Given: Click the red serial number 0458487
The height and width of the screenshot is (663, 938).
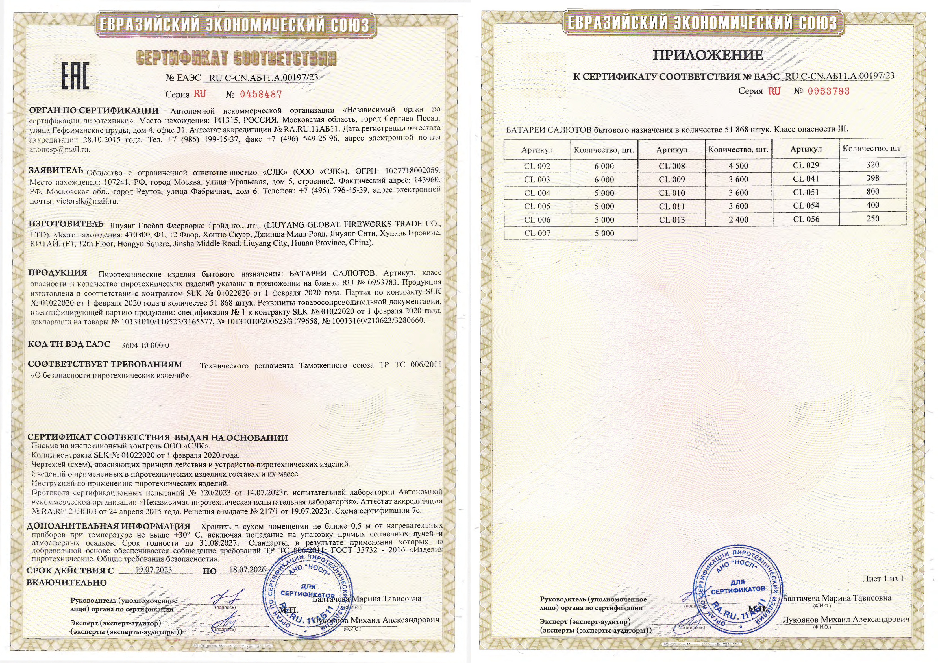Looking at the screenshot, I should click(x=261, y=94).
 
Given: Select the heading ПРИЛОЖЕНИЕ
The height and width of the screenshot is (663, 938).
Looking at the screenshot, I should click(x=708, y=55).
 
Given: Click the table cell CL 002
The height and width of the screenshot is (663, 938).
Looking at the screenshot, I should click(x=537, y=166).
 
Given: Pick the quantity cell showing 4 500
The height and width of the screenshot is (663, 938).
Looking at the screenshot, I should click(x=738, y=166).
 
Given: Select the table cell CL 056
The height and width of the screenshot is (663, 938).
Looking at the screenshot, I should click(x=806, y=219).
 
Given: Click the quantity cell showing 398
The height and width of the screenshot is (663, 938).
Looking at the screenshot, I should click(x=873, y=178).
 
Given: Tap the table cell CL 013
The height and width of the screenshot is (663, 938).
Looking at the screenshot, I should click(x=672, y=220).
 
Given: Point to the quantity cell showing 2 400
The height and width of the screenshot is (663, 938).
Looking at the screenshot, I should click(x=738, y=220).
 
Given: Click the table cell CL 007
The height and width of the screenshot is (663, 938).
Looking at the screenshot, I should click(x=537, y=233).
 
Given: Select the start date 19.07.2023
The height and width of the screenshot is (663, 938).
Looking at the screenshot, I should click(x=154, y=570).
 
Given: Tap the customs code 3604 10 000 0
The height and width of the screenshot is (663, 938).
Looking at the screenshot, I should click(x=145, y=345).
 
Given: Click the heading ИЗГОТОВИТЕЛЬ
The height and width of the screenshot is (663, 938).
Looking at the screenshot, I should click(x=66, y=224).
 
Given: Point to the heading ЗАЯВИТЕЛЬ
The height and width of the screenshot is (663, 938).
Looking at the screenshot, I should click(x=56, y=170).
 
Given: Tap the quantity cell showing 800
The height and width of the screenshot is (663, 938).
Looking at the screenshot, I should click(x=873, y=192).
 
